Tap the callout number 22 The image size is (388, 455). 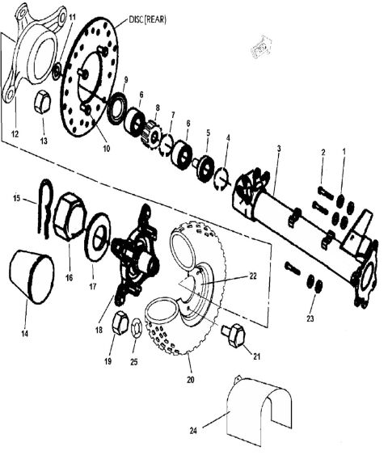pos(253,276)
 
